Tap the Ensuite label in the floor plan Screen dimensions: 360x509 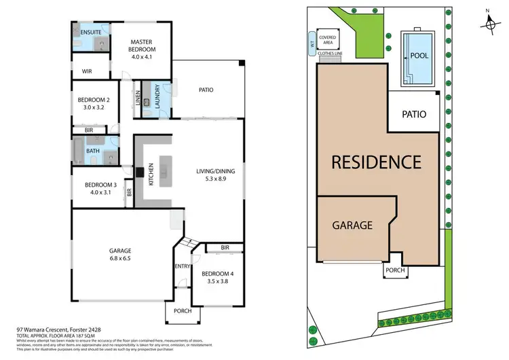click(x=90, y=32)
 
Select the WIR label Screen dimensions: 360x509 click(x=86, y=71)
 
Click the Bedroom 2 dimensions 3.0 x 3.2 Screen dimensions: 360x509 click(x=93, y=107)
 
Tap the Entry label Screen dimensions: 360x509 click(x=181, y=266)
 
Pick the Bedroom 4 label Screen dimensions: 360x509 click(x=216, y=275)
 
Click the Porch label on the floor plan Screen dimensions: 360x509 click(x=181, y=312)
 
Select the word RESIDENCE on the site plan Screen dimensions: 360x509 click(x=376, y=162)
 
